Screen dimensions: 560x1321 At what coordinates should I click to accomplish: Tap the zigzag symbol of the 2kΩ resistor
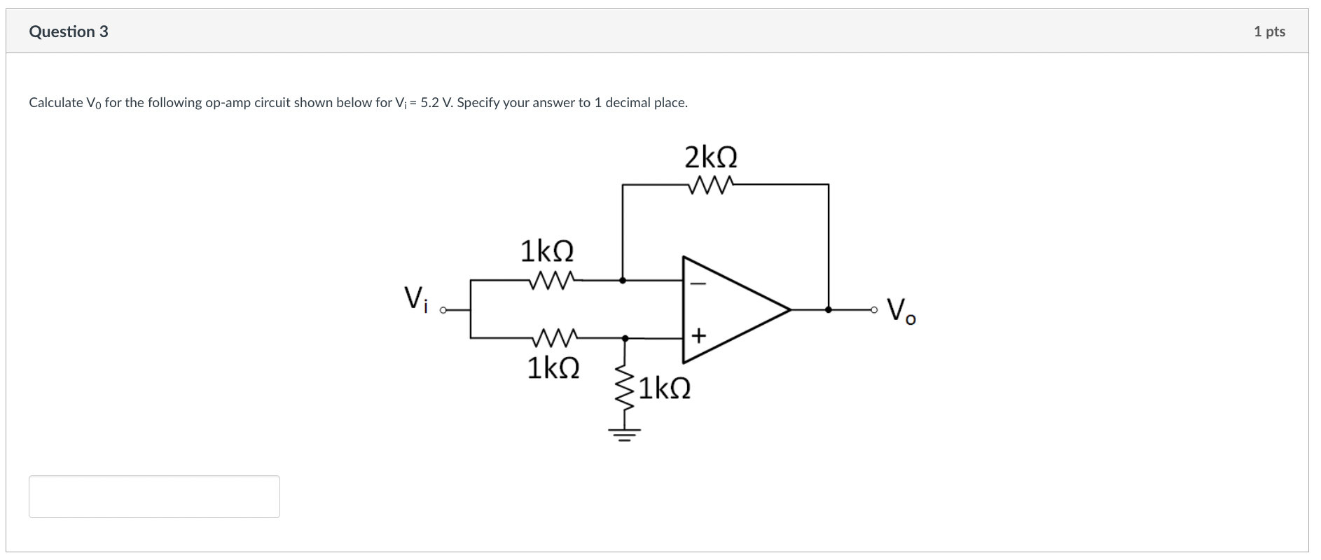pyautogui.click(x=710, y=185)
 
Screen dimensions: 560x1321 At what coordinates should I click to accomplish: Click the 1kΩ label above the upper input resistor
pyautogui.click(x=546, y=251)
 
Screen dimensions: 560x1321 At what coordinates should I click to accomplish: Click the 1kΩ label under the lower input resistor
pyautogui.click(x=553, y=367)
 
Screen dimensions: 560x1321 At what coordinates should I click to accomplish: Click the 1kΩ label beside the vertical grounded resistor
pyautogui.click(x=663, y=388)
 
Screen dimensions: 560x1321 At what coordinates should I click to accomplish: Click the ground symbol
pyautogui.click(x=625, y=434)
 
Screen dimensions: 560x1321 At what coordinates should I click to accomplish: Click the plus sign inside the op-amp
pyautogui.click(x=698, y=337)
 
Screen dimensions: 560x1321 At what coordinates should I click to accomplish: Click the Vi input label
pyautogui.click(x=415, y=299)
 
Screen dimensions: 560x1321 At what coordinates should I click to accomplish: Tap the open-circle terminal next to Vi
pyautogui.click(x=443, y=309)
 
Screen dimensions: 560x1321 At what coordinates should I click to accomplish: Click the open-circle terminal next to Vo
pyautogui.click(x=873, y=309)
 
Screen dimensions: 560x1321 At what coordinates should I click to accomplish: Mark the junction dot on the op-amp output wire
pyautogui.click(x=829, y=309)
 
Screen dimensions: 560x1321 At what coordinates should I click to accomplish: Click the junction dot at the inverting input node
pyautogui.click(x=623, y=280)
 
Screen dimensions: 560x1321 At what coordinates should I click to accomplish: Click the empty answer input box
pyautogui.click(x=154, y=496)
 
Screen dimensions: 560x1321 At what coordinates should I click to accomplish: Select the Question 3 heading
pyautogui.click(x=69, y=31)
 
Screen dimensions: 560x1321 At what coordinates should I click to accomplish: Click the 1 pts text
pyautogui.click(x=1268, y=31)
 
